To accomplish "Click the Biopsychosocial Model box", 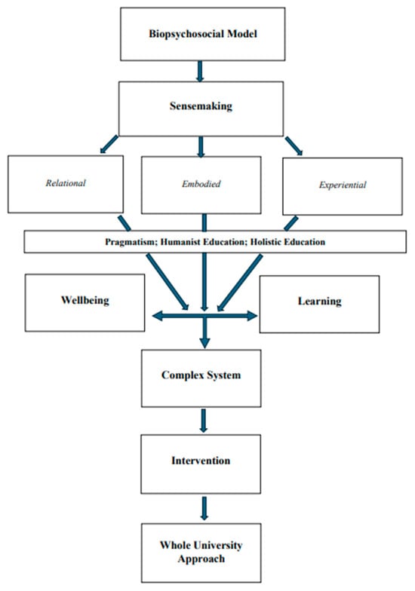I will point(201,35).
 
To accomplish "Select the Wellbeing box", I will point(85,301).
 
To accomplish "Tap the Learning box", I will point(318,302).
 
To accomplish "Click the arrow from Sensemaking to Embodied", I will point(201,145).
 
